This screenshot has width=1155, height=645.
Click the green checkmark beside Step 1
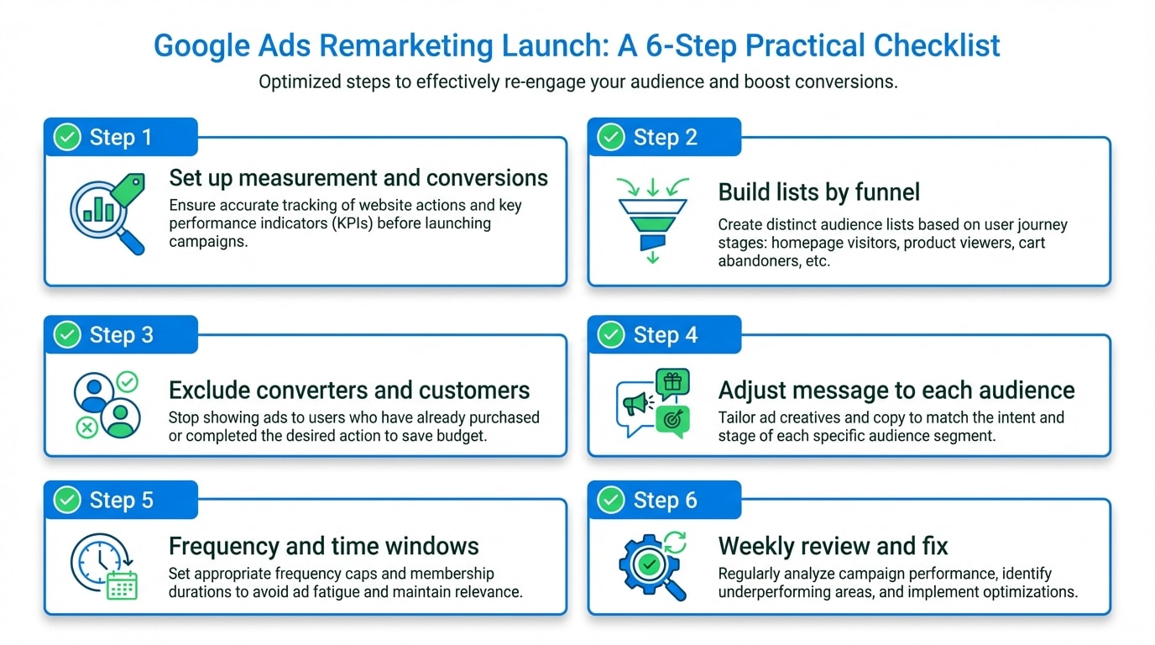[67, 137]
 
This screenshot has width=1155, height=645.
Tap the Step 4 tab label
[666, 335]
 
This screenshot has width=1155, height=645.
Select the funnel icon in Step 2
[652, 221]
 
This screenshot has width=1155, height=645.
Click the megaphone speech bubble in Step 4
[635, 406]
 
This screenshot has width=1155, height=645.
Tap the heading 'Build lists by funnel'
[818, 192]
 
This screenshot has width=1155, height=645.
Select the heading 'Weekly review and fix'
[833, 547]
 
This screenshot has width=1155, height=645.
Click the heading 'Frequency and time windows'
[323, 547]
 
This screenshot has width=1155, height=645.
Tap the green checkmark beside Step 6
[611, 501]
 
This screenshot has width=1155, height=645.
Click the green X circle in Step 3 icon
[86, 428]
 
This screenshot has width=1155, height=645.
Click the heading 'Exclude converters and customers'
[349, 391]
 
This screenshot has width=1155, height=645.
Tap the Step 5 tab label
[122, 501]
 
